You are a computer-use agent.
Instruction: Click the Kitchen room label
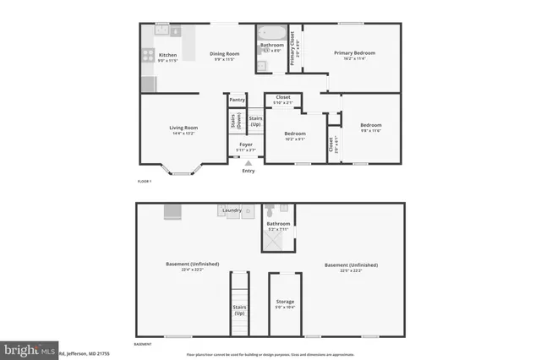pos(168,55)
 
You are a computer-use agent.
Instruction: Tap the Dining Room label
pos(225,54)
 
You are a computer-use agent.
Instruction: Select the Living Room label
pos(183,128)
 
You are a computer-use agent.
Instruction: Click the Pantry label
pos(237,100)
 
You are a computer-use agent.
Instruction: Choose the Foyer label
pos(246,145)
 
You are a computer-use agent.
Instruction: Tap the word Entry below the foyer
pos(248,172)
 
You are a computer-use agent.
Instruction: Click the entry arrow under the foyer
pos(248,163)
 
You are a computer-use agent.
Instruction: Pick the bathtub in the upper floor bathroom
pos(272,34)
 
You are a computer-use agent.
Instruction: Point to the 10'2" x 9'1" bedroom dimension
pos(294,139)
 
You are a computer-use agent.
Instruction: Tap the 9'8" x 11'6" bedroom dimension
pos(372,129)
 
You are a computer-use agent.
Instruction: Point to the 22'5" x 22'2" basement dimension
pos(351,270)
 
